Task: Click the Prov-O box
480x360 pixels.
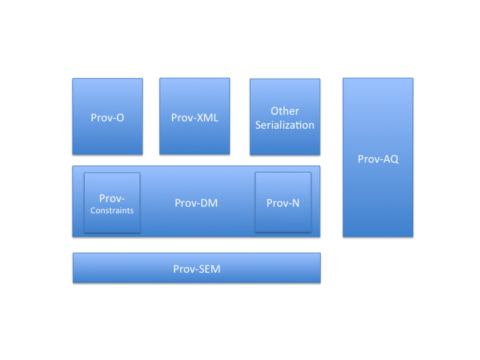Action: pos(107,116)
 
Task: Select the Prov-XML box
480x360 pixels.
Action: pos(195,116)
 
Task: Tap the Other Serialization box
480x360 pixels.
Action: pos(285,117)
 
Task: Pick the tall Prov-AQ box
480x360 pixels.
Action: pos(378,157)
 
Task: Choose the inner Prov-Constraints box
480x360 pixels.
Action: pos(112,203)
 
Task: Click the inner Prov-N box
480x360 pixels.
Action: pos(283,202)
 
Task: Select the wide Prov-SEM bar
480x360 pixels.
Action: pos(197,268)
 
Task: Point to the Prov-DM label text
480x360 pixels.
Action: pos(196,203)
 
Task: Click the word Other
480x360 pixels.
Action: pos(285,111)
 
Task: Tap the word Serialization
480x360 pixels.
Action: pos(285,125)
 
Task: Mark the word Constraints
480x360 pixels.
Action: pos(112,211)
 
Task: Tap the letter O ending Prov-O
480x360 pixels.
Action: pos(120,118)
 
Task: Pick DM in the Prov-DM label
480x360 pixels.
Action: pos(208,203)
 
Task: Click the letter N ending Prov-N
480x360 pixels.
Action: pos(295,203)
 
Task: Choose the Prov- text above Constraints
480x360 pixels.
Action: pos(112,199)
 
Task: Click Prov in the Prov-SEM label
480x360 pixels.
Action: pos(183,269)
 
